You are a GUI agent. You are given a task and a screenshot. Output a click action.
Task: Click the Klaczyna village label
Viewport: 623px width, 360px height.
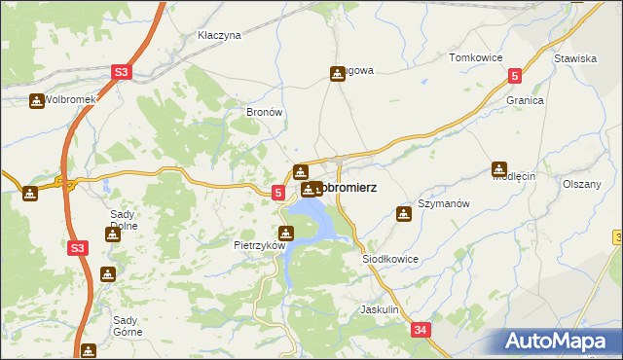(x=218, y=35)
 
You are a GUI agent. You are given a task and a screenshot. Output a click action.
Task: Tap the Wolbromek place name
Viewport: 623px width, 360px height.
(x=70, y=100)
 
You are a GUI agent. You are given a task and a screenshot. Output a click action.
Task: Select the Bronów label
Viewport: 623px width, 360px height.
(x=264, y=112)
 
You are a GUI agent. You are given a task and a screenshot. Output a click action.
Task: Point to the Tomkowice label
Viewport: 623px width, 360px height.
(x=475, y=58)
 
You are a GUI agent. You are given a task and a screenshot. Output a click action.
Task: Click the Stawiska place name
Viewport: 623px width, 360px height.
(x=574, y=58)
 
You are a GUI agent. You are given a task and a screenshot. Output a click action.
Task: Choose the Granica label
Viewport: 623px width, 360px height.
(x=524, y=100)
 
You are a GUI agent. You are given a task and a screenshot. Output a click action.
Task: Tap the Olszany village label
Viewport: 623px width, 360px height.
(x=582, y=184)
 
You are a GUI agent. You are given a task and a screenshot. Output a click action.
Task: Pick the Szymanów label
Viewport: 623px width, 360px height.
(x=444, y=204)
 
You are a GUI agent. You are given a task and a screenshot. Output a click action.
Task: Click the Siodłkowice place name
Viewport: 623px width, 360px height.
(x=389, y=260)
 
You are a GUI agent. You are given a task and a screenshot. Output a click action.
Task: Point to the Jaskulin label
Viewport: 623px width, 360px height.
(x=380, y=309)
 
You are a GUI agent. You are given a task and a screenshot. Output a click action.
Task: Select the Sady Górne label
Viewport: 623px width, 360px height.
(x=128, y=325)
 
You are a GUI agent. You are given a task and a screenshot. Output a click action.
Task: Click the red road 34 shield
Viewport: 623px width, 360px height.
(x=421, y=331)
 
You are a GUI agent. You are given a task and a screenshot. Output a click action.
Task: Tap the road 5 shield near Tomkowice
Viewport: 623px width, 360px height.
(x=515, y=76)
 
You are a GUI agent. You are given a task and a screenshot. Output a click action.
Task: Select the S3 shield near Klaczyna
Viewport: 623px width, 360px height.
(x=121, y=72)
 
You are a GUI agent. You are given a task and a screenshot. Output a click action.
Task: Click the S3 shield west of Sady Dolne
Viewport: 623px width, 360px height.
(x=79, y=249)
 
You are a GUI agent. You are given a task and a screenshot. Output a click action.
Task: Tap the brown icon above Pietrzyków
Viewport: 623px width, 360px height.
(x=286, y=233)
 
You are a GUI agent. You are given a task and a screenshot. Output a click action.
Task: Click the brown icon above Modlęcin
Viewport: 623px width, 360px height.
(x=500, y=167)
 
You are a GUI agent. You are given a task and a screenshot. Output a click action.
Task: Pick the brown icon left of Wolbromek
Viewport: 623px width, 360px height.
(x=36, y=100)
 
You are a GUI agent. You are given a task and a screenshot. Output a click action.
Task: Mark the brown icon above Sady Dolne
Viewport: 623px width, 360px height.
(x=113, y=234)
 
